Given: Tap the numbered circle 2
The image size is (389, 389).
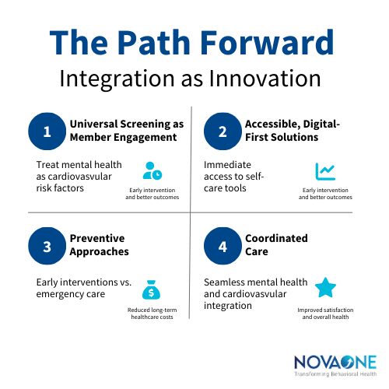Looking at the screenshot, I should [223, 131].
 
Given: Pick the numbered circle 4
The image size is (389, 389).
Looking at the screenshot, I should [223, 247].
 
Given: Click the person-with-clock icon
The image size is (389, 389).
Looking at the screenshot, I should [152, 170].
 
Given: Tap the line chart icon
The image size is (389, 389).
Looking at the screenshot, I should [325, 171].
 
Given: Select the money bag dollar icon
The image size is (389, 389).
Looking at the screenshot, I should [151, 292].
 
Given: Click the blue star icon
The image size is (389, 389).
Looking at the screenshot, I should [325, 289].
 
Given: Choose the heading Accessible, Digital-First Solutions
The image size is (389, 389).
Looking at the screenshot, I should [293, 131].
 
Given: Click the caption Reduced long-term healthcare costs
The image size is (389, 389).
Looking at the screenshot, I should [152, 314].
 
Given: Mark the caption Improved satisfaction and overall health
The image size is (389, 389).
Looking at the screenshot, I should [326, 314].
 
